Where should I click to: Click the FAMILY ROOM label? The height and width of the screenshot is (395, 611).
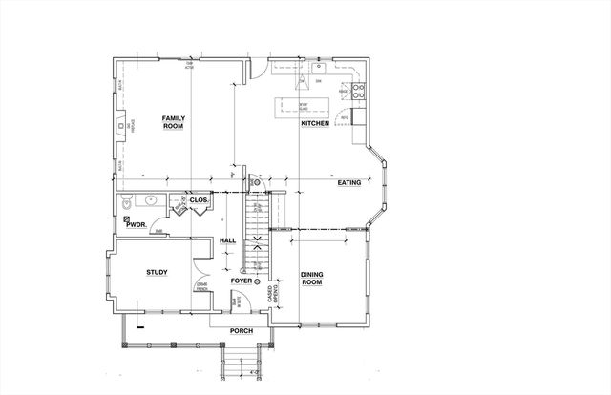[x=173, y=121]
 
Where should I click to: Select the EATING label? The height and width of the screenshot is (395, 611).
[x=348, y=181]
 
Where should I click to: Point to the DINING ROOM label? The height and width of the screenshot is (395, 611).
[x=313, y=278]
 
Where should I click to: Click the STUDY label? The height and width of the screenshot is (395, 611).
[x=158, y=273]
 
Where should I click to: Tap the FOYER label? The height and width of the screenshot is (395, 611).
[x=241, y=281]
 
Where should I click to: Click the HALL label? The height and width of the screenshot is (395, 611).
[x=227, y=240]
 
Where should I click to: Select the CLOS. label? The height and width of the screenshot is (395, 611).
[x=199, y=200]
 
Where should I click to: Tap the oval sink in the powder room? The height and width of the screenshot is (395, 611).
[x=149, y=201]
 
